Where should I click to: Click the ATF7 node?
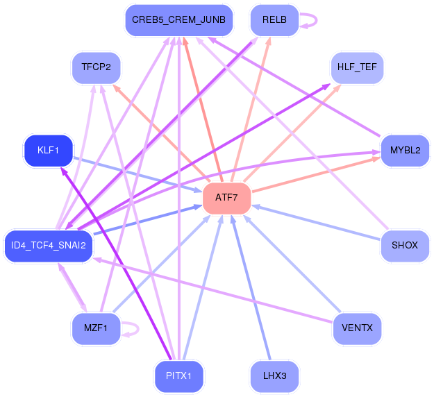coord(226,198)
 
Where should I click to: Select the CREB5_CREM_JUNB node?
coord(178,20)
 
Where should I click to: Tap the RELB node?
coord(274,20)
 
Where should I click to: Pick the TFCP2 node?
coord(96,67)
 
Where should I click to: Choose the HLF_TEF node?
coord(357,67)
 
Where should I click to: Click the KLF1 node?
coord(48,151)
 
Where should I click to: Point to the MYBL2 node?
coord(405,151)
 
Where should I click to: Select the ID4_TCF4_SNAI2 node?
coord(48,246)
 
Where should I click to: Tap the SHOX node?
coord(405,246)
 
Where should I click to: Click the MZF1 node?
coord(96,329)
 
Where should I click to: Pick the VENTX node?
coord(357,329)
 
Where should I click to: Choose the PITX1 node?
coord(178,376)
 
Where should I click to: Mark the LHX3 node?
coord(274,376)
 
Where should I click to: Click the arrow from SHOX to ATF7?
coord(316,222)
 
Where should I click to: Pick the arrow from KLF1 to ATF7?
coord(137,175)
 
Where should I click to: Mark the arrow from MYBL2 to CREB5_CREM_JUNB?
coord(294,87)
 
